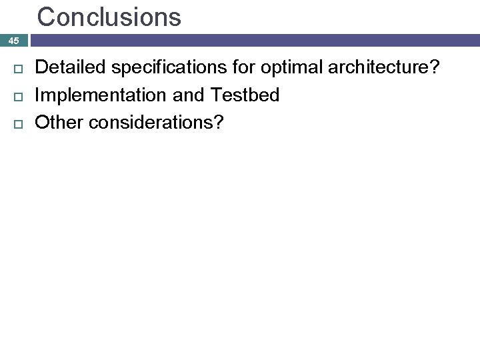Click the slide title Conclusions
point(109,17)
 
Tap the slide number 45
point(14,41)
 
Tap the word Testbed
point(245,95)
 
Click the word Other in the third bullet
point(59,123)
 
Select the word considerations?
point(156,123)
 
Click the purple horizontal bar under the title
point(253,41)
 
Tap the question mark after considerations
point(219,123)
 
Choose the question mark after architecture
point(435,67)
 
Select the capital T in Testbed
point(217,95)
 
